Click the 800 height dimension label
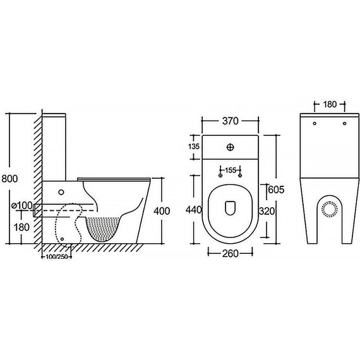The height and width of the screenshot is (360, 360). point(9,178)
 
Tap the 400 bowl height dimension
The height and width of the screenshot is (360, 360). point(162,211)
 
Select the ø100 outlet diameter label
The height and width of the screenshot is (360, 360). point(22,205)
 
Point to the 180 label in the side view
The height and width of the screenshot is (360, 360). point(22,227)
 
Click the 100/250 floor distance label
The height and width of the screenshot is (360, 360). point(56,256)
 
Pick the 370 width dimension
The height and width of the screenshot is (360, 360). point(231,121)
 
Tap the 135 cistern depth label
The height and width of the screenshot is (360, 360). point(194,147)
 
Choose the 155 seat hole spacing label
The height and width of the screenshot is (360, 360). point(231,171)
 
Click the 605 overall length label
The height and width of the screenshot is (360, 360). point(276,189)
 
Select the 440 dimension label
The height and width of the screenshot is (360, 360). point(194,210)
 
